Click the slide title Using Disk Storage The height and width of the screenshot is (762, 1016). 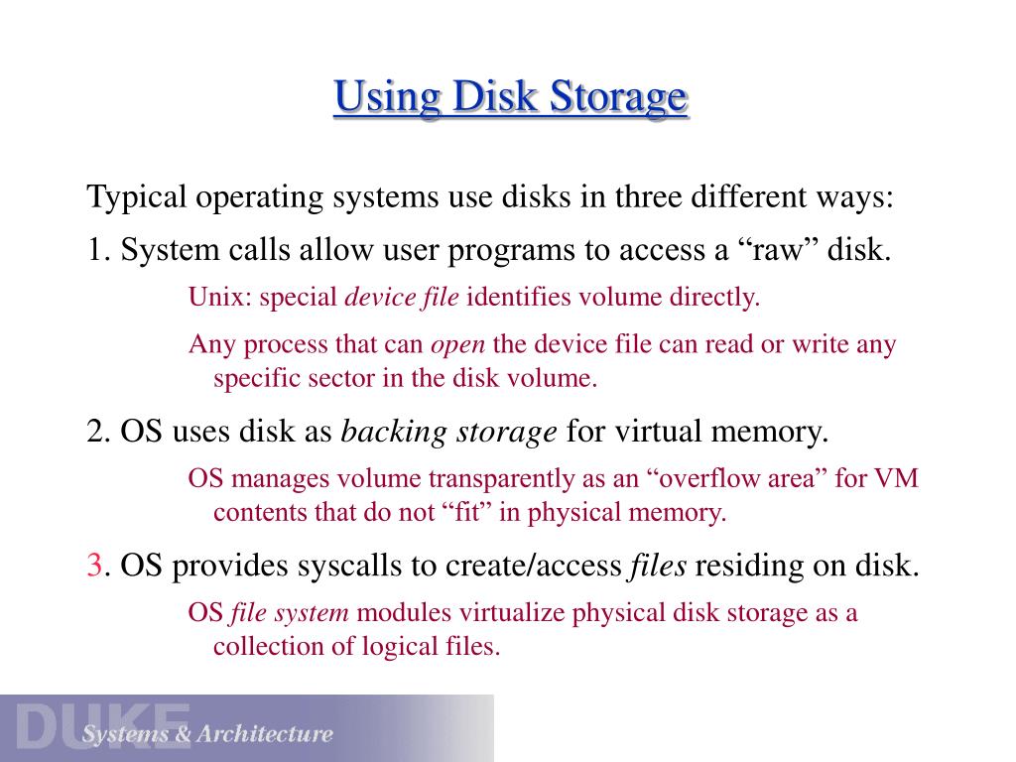(510, 98)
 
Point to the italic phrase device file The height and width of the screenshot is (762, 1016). (401, 297)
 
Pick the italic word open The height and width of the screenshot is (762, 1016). (457, 345)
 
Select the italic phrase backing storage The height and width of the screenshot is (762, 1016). (448, 433)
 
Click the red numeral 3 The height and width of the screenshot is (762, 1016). (95, 566)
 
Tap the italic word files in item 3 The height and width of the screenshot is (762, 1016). (658, 566)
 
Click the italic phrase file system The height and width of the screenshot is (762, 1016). (289, 613)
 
